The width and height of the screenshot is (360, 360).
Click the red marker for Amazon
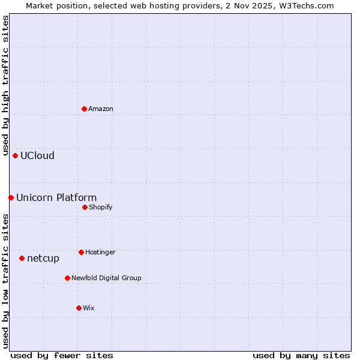(x=84, y=109)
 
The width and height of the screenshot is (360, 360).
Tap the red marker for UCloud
(x=15, y=155)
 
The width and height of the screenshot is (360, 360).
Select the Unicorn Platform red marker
(x=11, y=197)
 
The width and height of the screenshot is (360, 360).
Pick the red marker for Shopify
(x=85, y=207)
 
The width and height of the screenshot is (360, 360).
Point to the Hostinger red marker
(x=81, y=252)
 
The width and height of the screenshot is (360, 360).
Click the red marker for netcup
(x=22, y=258)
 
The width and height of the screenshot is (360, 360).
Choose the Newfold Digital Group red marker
(x=67, y=278)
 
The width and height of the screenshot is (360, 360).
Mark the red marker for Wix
(x=79, y=308)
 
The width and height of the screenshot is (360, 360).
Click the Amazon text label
(x=101, y=109)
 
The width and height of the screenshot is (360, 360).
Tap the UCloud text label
(x=37, y=155)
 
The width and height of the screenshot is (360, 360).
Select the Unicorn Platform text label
(x=56, y=197)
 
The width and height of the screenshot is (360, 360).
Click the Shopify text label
(x=101, y=207)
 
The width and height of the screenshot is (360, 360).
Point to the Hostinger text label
(x=100, y=252)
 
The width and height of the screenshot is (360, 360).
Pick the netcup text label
(x=43, y=258)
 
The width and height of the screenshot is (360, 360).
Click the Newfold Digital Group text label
(x=106, y=278)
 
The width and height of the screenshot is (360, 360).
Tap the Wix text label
(x=89, y=308)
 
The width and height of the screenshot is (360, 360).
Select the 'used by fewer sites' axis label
(x=62, y=355)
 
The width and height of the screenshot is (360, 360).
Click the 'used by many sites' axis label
(x=301, y=355)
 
